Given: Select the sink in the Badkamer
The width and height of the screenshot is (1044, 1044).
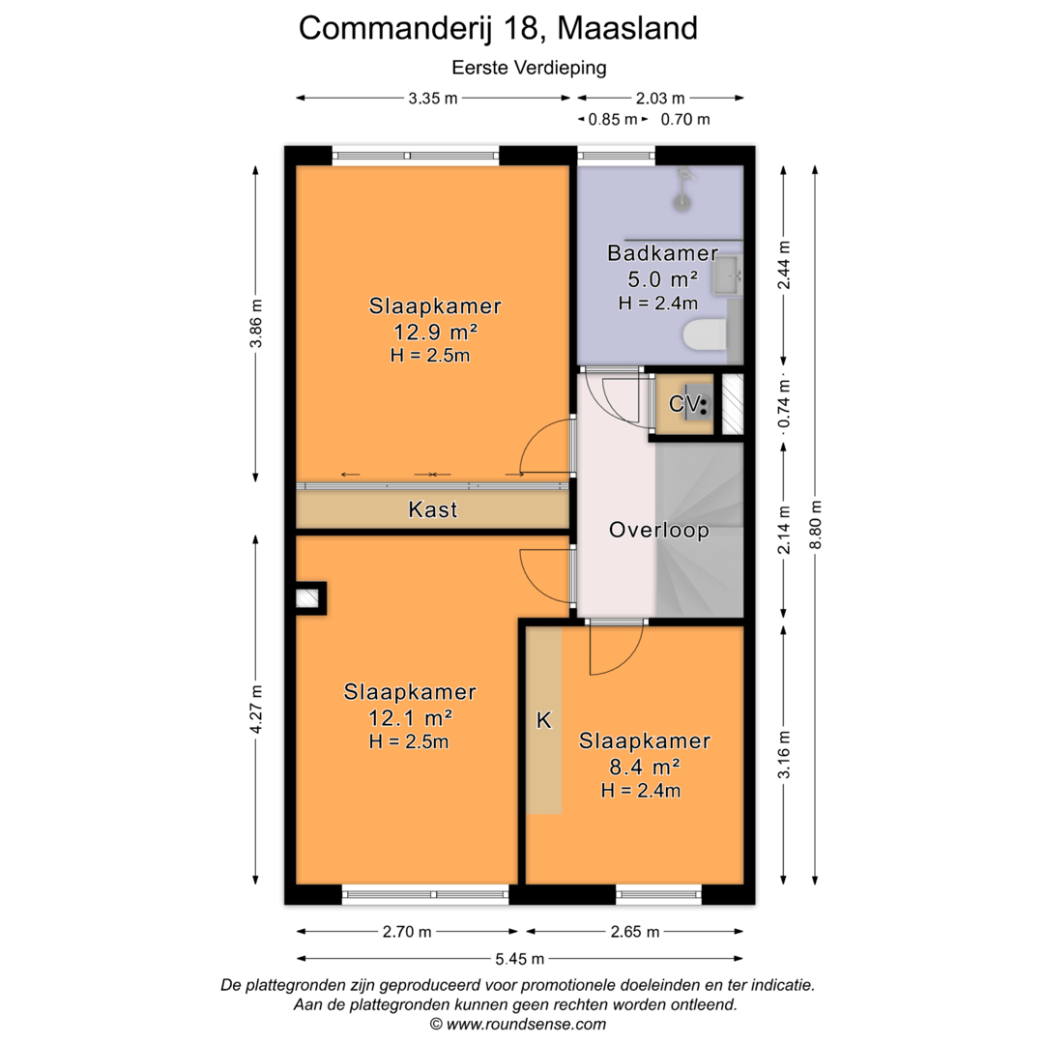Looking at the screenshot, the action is (x=728, y=274).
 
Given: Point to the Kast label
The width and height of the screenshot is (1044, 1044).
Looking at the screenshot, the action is (x=433, y=509).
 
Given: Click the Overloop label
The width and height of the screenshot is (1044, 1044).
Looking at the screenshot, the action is (x=659, y=530).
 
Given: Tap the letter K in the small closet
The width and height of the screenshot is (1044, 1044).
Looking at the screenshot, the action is (x=544, y=720).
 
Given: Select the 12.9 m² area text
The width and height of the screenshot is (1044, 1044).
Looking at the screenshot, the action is (x=435, y=331).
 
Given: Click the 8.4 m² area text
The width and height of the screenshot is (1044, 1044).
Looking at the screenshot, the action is (x=645, y=767).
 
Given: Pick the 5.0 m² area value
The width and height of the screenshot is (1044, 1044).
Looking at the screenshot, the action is (x=662, y=278).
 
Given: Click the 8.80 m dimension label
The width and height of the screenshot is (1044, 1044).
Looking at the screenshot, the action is (x=816, y=525).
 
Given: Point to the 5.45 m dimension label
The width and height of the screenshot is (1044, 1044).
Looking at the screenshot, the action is (x=519, y=959).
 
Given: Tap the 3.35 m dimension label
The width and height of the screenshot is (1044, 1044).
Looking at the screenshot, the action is (x=433, y=99).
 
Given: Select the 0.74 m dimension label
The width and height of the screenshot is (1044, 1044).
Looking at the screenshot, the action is (x=784, y=403).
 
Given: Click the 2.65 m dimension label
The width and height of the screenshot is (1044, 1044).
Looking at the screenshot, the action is (x=634, y=932).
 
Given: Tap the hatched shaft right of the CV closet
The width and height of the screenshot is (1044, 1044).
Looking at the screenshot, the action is (x=733, y=404).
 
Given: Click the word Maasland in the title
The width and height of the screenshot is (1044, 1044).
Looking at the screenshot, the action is (x=627, y=28).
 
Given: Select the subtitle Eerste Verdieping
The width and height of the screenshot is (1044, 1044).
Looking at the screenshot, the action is (x=530, y=68).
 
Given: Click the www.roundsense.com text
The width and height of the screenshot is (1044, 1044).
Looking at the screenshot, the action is (x=526, y=1024).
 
